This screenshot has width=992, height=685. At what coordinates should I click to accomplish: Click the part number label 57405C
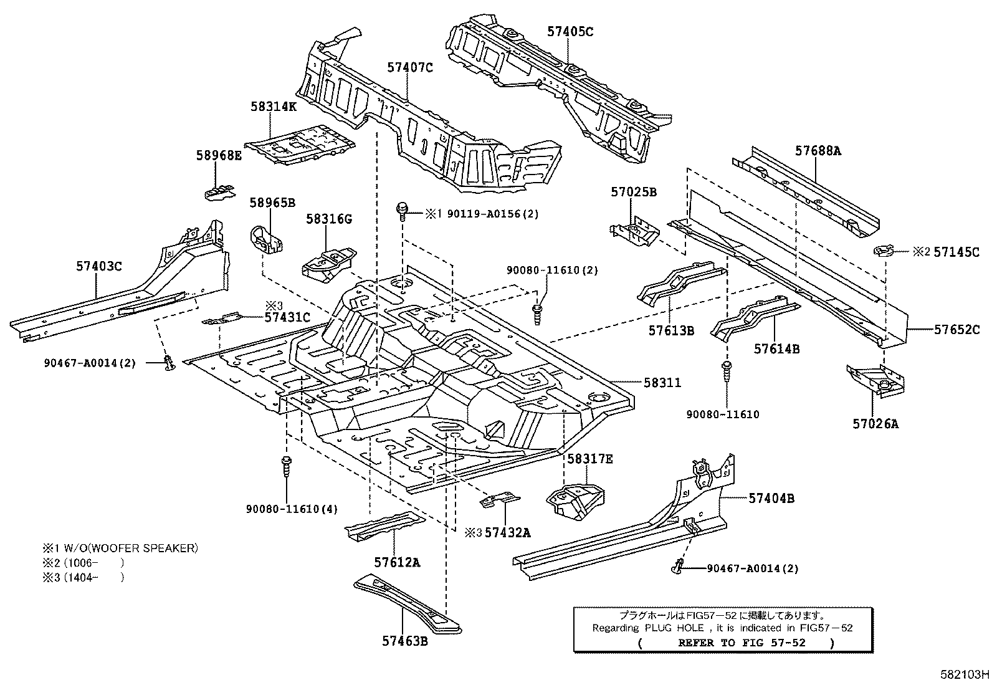570,31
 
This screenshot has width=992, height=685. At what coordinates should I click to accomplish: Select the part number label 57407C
409,67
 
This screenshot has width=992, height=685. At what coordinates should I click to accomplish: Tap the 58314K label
274,106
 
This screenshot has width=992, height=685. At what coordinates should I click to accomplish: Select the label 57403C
99,266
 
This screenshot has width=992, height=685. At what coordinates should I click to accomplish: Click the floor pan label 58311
662,383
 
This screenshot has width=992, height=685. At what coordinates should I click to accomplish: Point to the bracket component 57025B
634,232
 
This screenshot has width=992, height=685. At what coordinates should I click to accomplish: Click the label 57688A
818,150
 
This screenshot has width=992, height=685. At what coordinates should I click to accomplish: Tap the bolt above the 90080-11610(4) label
285,466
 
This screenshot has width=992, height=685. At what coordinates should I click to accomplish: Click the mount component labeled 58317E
575,499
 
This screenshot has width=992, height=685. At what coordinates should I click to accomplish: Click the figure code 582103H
965,674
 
